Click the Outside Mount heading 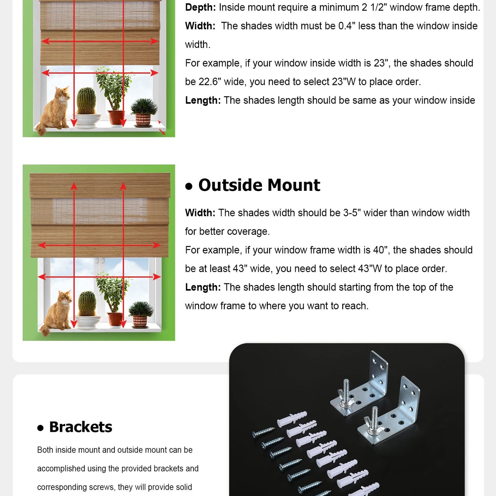pos(259,185)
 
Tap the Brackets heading pos(81,427)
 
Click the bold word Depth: pos(200,7)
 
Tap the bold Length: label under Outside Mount pos(203,287)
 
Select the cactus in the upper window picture pos(87,103)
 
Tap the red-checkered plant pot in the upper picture pos(143,119)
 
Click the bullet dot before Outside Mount pos(189,186)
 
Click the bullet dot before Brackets pos(40,428)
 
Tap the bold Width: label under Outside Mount pos(200,213)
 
